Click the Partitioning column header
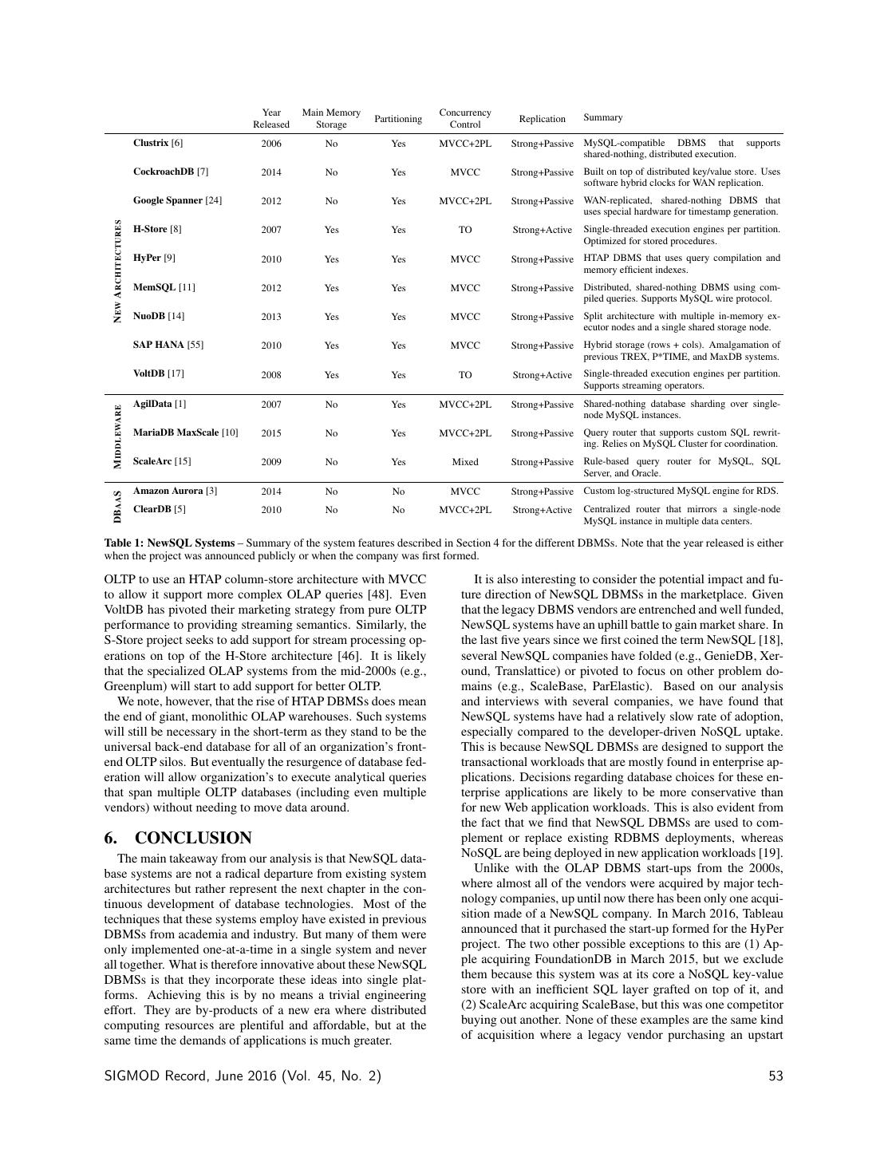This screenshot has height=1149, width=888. coord(398,119)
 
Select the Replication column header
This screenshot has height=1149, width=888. coord(542,119)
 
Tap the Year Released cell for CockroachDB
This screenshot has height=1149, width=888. coord(271,172)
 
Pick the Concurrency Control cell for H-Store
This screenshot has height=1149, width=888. coord(465,230)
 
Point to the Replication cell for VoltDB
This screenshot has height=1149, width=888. coord(542,375)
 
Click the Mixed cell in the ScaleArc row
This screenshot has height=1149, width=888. coord(465,462)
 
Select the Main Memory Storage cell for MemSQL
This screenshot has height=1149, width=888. coord(331,288)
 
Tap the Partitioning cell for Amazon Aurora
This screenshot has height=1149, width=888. coord(398,492)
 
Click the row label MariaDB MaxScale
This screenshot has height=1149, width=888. coord(185,432)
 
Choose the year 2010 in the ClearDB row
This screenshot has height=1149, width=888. coord(271,510)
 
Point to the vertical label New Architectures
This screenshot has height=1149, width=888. coord(118,271)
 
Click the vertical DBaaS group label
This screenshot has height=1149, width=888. coord(118,506)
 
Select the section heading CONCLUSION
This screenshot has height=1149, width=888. coord(193,838)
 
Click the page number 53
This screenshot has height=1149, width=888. coord(776,1076)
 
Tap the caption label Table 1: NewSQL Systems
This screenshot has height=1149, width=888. coord(169,543)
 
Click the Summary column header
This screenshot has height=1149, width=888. coord(602,117)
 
